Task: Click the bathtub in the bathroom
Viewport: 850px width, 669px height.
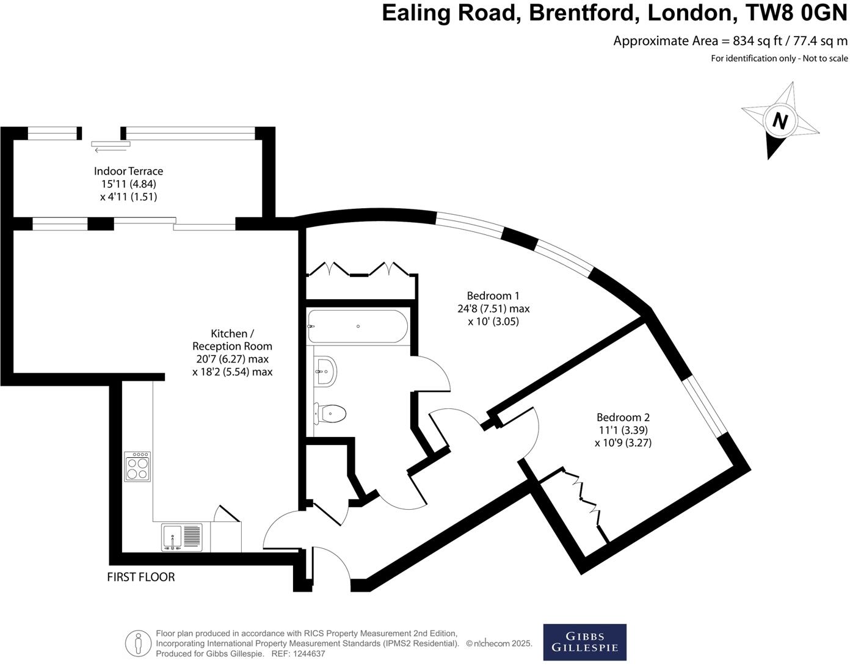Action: click(358, 327)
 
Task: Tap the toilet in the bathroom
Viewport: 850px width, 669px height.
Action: click(331, 413)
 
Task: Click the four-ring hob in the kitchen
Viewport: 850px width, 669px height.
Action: click(137, 467)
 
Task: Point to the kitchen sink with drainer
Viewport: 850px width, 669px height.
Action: click(182, 537)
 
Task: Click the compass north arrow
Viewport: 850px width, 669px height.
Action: click(780, 120)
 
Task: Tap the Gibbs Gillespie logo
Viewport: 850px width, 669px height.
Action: click(584, 642)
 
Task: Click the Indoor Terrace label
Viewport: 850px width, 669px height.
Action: click(128, 171)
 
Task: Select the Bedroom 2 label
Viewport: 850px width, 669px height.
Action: click(623, 418)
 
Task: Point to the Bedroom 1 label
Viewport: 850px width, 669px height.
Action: click(493, 295)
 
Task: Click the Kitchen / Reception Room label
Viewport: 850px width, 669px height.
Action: click(232, 340)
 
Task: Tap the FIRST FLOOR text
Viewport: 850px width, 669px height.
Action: click(141, 577)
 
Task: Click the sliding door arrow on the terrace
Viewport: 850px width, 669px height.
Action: click(111, 148)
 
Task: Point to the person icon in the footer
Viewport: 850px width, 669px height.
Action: click(138, 643)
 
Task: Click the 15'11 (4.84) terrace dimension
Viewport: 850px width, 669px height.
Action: click(128, 184)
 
